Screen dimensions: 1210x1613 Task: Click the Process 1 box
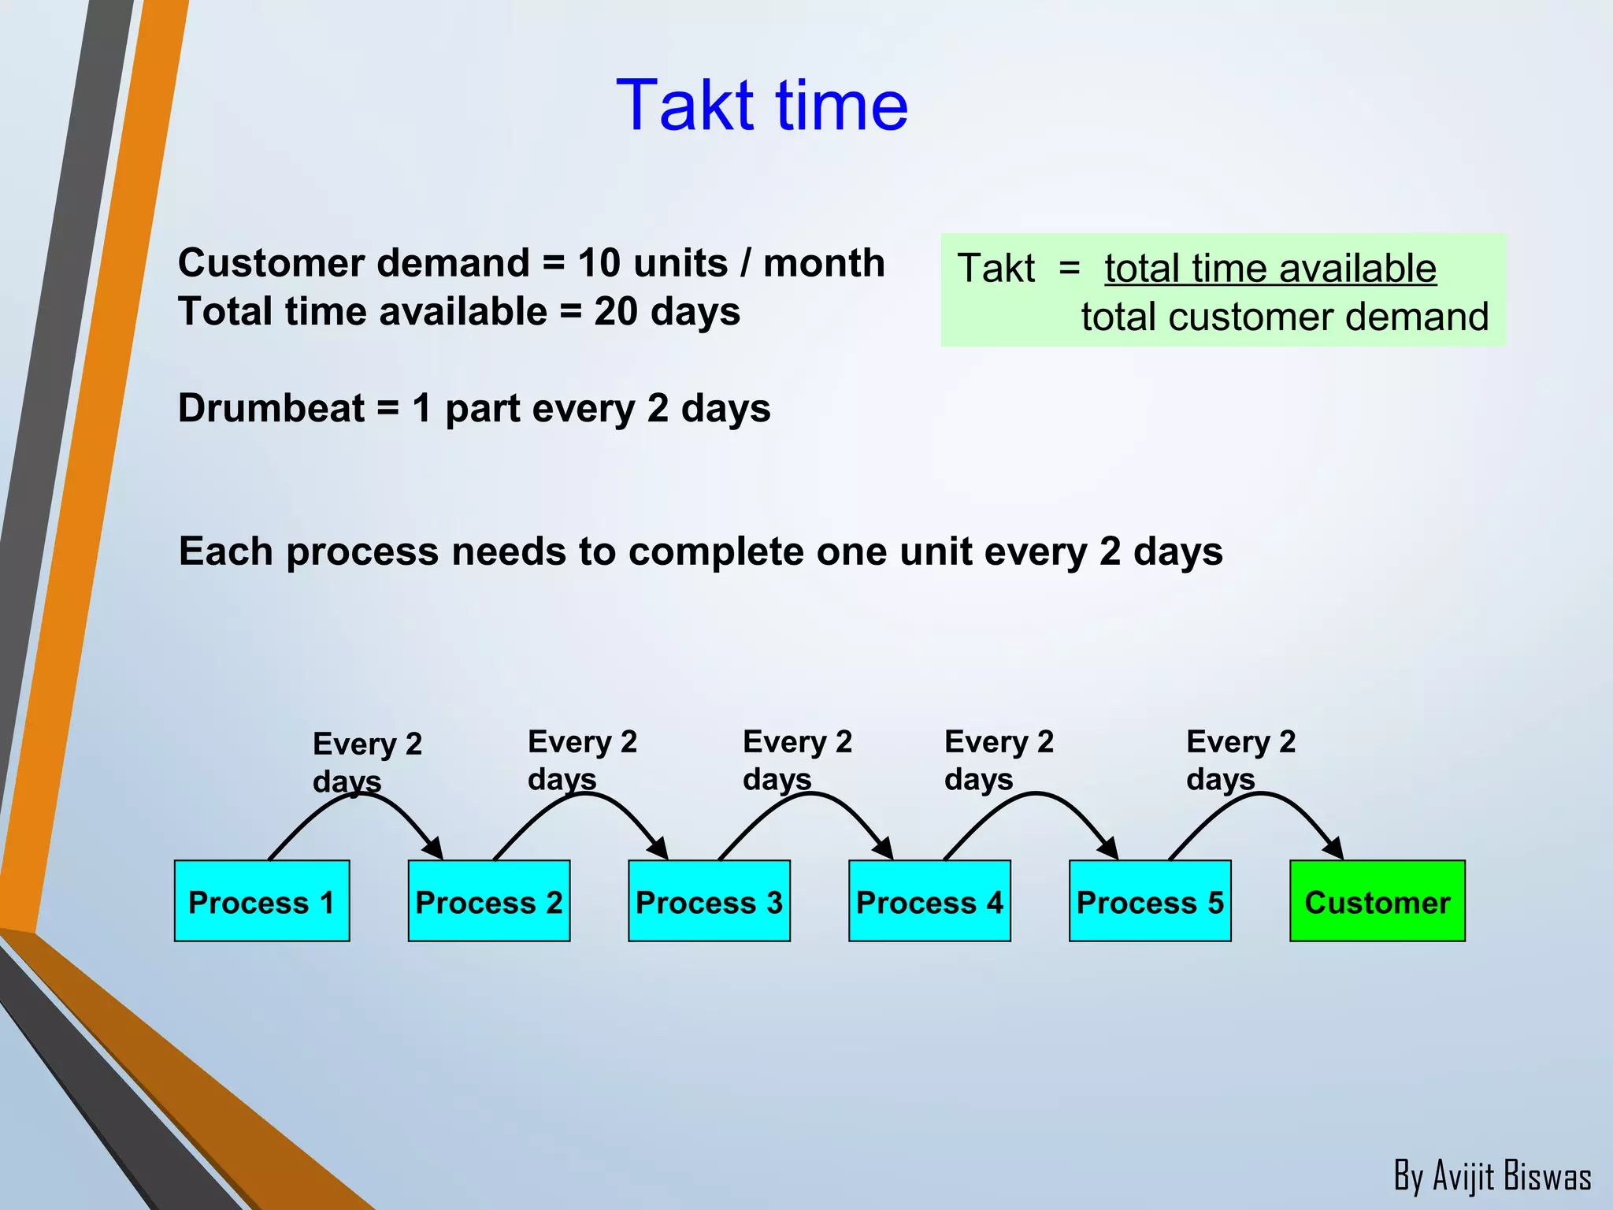click(x=261, y=901)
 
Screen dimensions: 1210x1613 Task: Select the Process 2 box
click(x=488, y=901)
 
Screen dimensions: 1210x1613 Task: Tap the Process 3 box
click(x=709, y=901)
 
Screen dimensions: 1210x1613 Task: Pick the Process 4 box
click(x=929, y=901)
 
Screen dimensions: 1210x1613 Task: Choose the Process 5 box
click(x=1150, y=901)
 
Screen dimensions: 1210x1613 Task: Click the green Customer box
click(x=1377, y=901)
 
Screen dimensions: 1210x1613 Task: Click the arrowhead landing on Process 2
click(x=434, y=849)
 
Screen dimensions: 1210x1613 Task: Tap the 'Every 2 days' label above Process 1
click(x=366, y=762)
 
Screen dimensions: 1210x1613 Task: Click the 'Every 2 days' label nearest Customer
click(x=1240, y=759)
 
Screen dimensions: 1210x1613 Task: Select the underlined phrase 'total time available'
click(x=1270, y=269)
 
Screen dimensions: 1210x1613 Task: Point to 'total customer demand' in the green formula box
click(x=1284, y=317)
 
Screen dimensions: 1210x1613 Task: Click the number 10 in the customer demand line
click(x=599, y=263)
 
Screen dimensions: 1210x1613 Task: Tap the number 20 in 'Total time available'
click(x=615, y=312)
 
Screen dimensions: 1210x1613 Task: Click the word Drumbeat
click(x=271, y=409)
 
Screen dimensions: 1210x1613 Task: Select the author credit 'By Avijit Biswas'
click(x=1492, y=1176)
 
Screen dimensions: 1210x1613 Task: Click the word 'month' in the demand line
click(x=824, y=263)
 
